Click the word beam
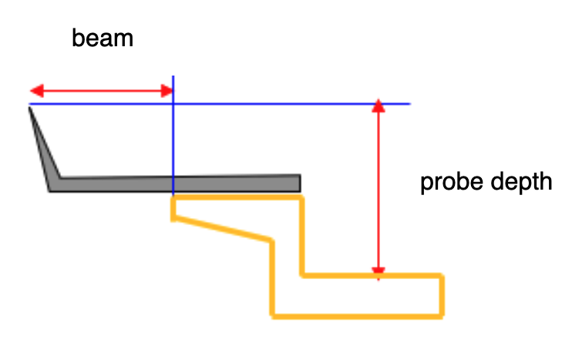pyautogui.click(x=103, y=39)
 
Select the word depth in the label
pyautogui.click(x=523, y=183)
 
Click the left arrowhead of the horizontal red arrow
pyautogui.click(x=35, y=92)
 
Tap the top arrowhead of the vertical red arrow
pyautogui.click(x=378, y=106)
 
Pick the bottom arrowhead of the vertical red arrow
pyautogui.click(x=378, y=271)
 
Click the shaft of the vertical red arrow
pyautogui.click(x=378, y=189)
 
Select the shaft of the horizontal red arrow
pyautogui.click(x=100, y=92)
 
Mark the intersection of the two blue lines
pyautogui.click(x=173, y=103)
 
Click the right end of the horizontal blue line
pyautogui.click(x=409, y=103)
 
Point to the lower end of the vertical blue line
pyautogui.click(x=173, y=193)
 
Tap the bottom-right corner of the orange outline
pyautogui.click(x=442, y=315)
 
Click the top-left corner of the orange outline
pyautogui.click(x=174, y=199)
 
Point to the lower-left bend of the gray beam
pyautogui.click(x=52, y=189)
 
